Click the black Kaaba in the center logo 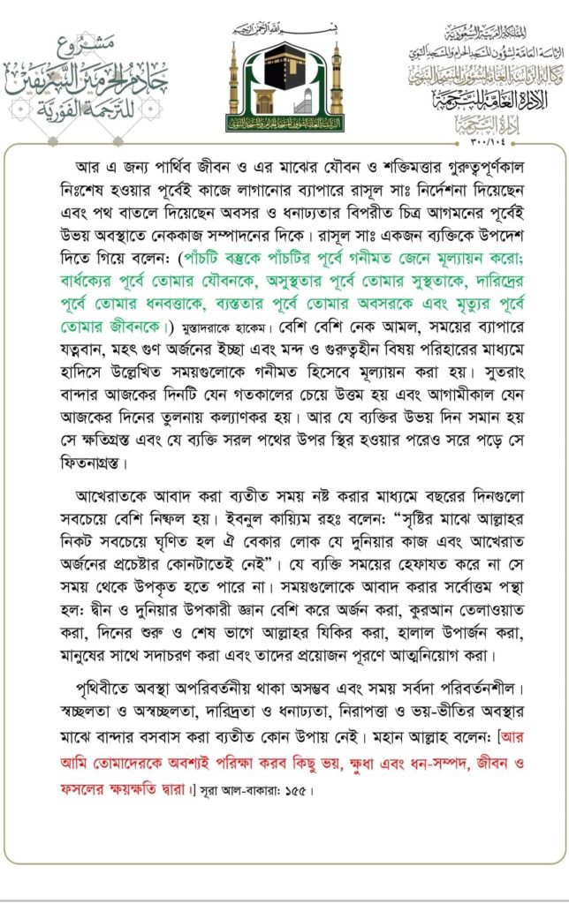tap(284, 77)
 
